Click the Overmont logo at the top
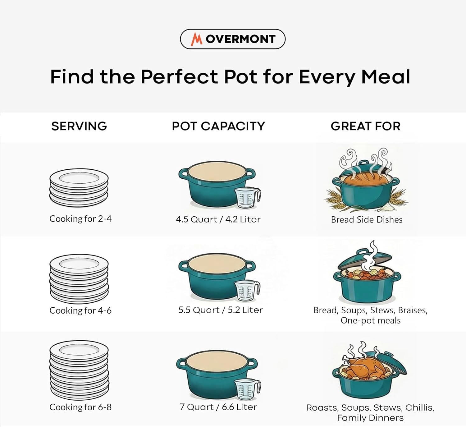click(233, 39)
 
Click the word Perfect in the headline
click(179, 77)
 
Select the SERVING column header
click(79, 126)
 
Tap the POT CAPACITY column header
click(218, 126)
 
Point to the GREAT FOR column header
click(366, 126)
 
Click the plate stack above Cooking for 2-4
click(79, 188)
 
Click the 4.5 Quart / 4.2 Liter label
click(218, 219)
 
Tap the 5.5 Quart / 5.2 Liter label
click(221, 310)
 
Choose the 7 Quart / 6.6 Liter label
click(218, 407)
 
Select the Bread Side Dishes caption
click(367, 219)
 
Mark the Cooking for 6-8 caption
click(80, 407)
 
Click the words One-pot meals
click(371, 320)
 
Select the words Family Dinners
click(370, 418)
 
